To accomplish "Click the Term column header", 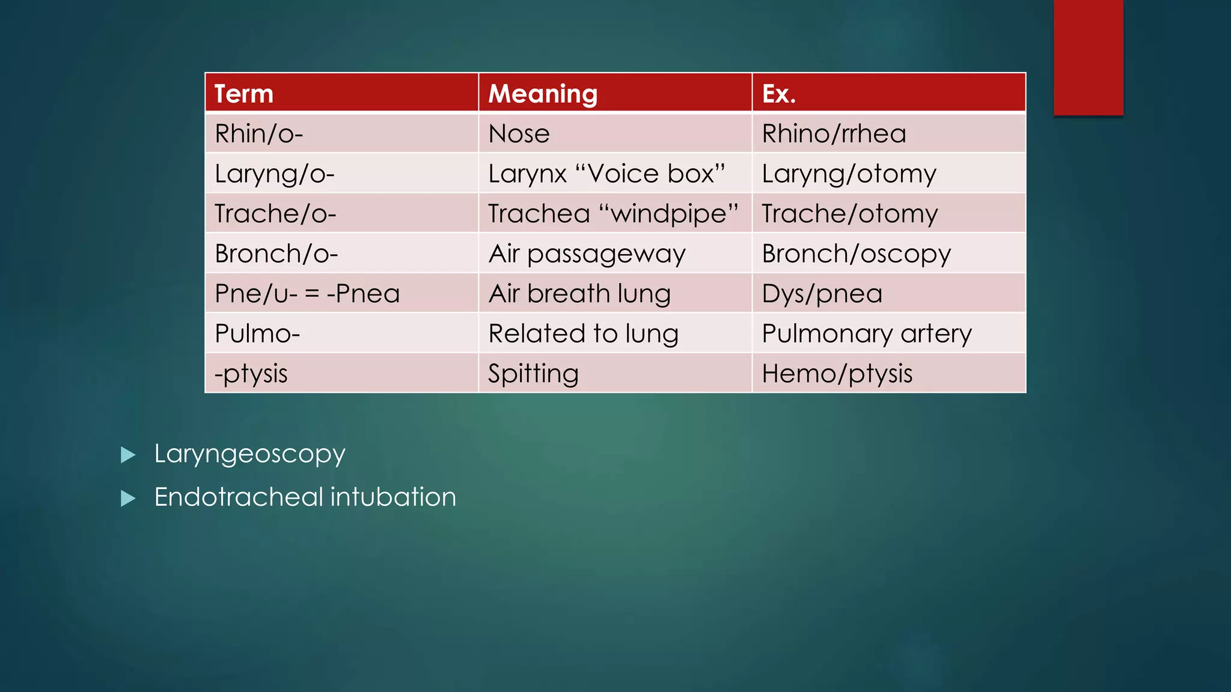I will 244,94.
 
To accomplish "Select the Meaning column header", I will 543,94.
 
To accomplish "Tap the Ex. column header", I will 779,94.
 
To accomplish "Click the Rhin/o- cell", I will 259,133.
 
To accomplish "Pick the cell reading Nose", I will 519,133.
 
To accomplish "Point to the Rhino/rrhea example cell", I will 834,133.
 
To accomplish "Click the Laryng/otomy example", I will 849,174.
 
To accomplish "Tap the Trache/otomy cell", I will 849,214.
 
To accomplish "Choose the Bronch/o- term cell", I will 276,254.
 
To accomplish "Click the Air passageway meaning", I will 587,254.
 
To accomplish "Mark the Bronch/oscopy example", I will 856,254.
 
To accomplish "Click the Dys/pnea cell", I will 822,294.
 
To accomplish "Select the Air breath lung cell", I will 579,294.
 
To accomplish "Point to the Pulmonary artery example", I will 866,333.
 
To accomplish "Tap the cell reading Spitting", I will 533,374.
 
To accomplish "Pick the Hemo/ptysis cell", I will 837,374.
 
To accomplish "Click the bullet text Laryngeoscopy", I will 249,454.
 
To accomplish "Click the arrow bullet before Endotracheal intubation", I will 128,498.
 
